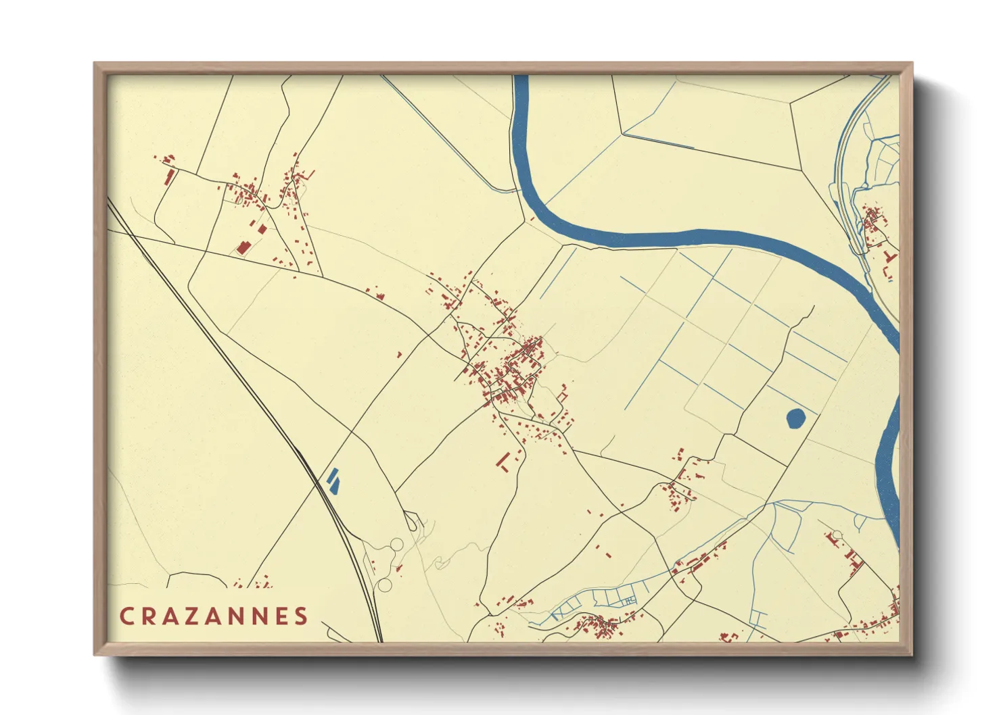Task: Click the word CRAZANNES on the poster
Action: coord(214,616)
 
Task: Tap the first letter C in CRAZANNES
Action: coord(126,616)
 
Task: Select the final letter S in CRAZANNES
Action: coord(301,616)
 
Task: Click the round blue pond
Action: coord(796,418)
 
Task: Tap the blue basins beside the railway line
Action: coord(333,479)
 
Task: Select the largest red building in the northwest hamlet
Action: coord(243,247)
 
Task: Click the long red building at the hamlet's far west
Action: coord(170,177)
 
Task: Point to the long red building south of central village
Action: coord(503,461)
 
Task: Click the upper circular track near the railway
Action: coord(396,545)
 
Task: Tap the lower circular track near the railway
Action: coord(385,585)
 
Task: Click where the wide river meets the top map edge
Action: coord(521,76)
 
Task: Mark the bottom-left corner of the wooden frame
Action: coord(95,655)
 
